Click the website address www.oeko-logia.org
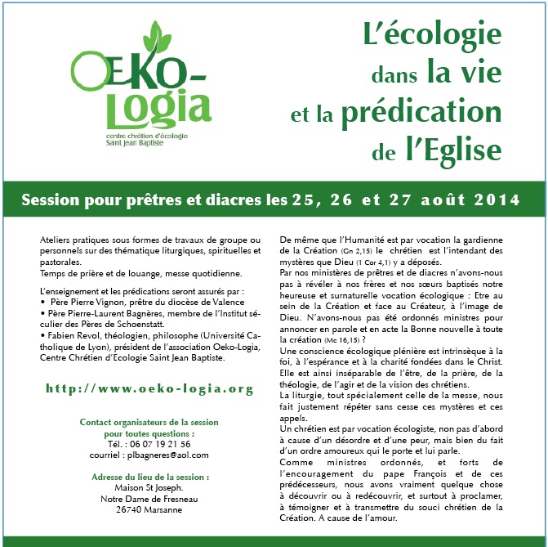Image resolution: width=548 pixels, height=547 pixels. [x=148, y=388]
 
